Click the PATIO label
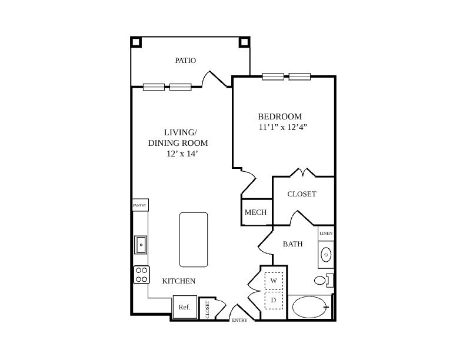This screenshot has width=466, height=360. (x=185, y=61)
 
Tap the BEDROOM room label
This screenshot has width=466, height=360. (x=279, y=116)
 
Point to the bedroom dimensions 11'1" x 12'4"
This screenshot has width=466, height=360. (x=282, y=127)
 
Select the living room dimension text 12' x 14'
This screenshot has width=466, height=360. (x=182, y=154)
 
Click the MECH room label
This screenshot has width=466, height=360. (x=255, y=212)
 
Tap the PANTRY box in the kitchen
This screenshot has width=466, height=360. (x=140, y=205)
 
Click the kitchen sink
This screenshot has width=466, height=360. (x=141, y=245)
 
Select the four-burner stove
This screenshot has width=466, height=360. (x=141, y=275)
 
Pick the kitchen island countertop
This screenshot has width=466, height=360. (x=194, y=239)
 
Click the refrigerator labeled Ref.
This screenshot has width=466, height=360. (x=185, y=307)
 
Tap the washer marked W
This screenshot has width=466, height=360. (x=274, y=281)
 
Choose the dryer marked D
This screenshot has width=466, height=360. (x=274, y=301)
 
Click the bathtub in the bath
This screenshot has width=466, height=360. (x=309, y=307)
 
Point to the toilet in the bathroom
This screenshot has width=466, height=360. (x=324, y=280)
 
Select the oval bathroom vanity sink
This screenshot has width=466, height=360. (x=326, y=255)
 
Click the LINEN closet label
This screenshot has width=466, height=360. (x=326, y=233)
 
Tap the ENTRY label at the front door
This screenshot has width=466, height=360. (x=239, y=320)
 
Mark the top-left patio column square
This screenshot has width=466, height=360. (x=136, y=42)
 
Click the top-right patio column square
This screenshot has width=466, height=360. (x=244, y=42)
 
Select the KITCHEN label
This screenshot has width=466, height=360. (x=179, y=281)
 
